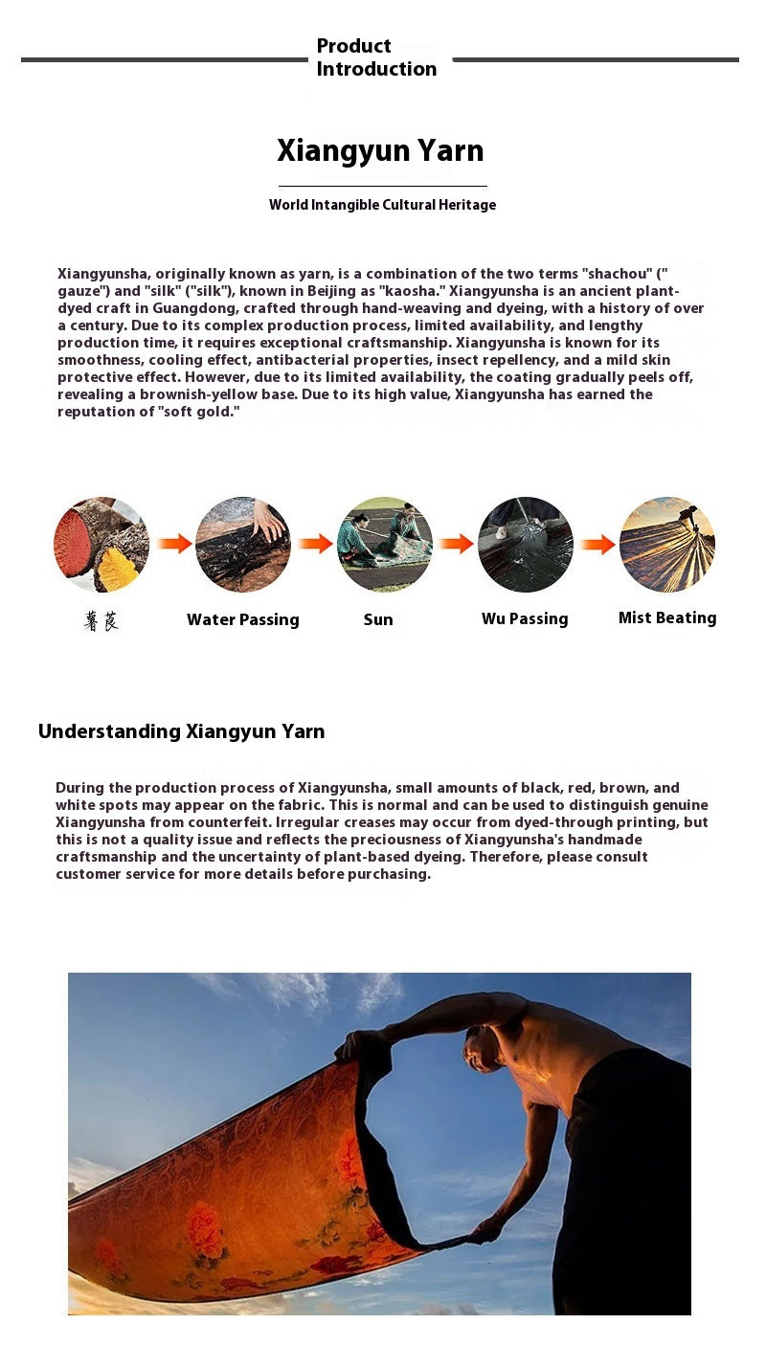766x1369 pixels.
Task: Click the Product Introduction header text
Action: click(x=376, y=57)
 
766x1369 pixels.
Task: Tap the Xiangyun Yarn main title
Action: click(x=380, y=151)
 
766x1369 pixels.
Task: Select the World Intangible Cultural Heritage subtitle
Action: click(x=382, y=205)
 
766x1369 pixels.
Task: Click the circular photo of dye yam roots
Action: click(x=101, y=545)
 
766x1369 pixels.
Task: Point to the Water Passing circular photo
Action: click(x=243, y=545)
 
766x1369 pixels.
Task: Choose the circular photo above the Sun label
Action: click(x=385, y=545)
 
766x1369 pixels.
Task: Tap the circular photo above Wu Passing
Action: click(x=526, y=545)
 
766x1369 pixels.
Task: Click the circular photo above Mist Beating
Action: click(x=667, y=545)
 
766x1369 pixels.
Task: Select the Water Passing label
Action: click(x=243, y=619)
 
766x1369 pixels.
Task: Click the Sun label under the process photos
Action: click(x=378, y=619)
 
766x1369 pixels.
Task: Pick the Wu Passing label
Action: click(x=525, y=619)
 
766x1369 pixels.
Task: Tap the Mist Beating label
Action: click(x=667, y=618)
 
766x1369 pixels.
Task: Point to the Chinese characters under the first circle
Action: click(x=101, y=621)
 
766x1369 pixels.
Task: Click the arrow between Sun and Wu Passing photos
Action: click(x=457, y=544)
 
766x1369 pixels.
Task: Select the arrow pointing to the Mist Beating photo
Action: click(x=597, y=545)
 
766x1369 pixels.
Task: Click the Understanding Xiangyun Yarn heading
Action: click(x=182, y=731)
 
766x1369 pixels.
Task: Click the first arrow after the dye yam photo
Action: click(x=174, y=544)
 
